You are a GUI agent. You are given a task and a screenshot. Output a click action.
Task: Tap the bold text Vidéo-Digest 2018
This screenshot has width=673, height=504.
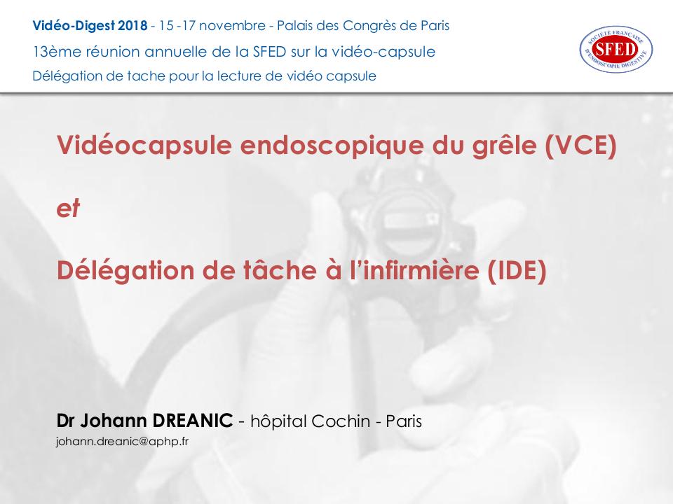tap(90, 26)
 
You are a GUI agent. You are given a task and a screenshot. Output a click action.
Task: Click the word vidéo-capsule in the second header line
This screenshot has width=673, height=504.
tap(393, 51)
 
